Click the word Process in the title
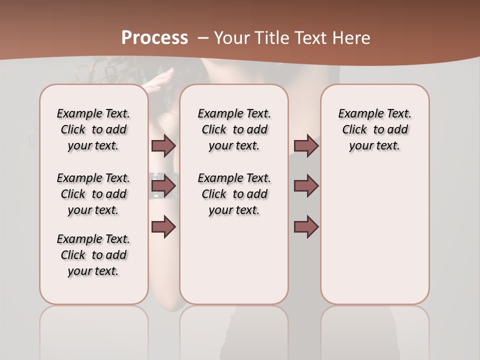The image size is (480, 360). point(154,38)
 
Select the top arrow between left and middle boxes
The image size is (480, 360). point(163,145)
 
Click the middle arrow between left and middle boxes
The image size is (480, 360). point(163,186)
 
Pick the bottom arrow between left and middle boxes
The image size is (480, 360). point(163,227)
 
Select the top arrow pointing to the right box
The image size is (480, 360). point(306,145)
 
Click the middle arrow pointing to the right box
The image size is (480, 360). point(306,186)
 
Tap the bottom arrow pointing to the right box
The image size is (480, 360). point(306,227)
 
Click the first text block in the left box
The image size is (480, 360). point(93,129)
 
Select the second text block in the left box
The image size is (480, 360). point(93,194)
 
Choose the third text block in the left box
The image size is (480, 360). point(93,255)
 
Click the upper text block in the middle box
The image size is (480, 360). point(234,129)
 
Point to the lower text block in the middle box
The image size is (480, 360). point(234,194)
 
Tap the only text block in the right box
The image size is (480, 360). point(374,129)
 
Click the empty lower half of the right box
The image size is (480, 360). point(374,240)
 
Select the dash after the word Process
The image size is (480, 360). point(203,38)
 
